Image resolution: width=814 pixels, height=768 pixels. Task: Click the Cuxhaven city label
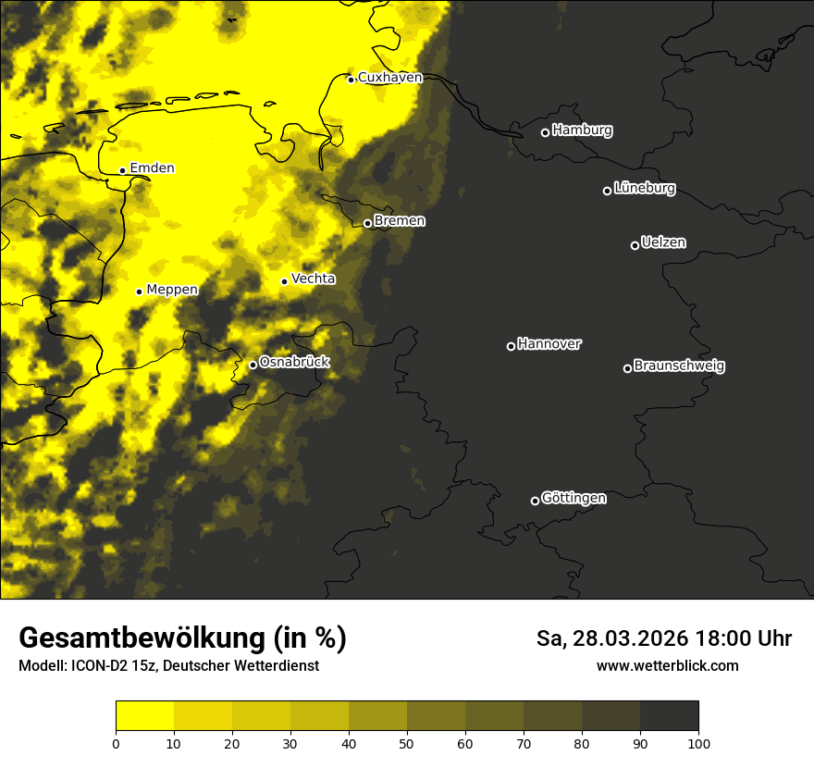(x=389, y=78)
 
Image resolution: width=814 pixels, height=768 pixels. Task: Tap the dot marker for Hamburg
(x=545, y=132)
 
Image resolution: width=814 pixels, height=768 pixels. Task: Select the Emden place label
(x=152, y=168)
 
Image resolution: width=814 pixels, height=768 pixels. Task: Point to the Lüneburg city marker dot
(x=607, y=191)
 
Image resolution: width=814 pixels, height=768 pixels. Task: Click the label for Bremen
(x=400, y=221)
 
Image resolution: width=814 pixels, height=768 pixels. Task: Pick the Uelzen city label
(x=663, y=243)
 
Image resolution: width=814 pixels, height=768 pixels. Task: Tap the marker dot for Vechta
(x=284, y=281)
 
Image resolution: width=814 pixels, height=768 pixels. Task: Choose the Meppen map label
(x=172, y=290)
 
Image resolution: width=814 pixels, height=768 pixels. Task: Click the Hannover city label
(x=549, y=344)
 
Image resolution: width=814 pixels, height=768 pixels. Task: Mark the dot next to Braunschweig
(x=627, y=368)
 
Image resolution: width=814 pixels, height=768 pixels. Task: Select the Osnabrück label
(x=294, y=363)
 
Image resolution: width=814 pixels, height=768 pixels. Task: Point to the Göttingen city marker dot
(x=535, y=501)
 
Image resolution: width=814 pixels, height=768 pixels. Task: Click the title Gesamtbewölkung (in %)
(x=182, y=638)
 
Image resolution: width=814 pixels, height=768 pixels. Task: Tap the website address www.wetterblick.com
(x=668, y=666)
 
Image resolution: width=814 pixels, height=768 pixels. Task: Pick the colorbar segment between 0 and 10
(x=145, y=715)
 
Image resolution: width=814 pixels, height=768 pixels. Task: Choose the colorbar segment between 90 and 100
(x=669, y=715)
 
